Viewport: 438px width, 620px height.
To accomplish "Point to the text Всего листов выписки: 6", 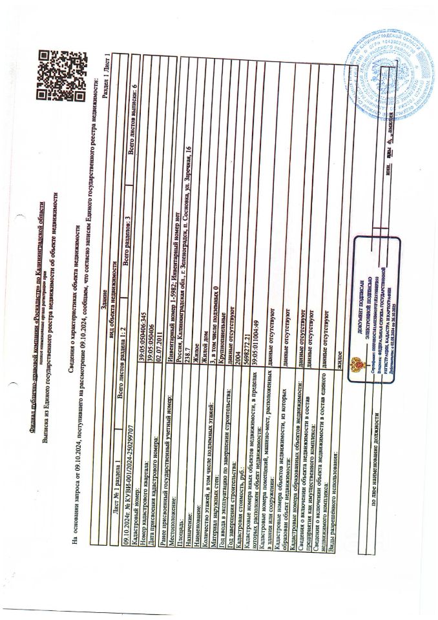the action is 134,110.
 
